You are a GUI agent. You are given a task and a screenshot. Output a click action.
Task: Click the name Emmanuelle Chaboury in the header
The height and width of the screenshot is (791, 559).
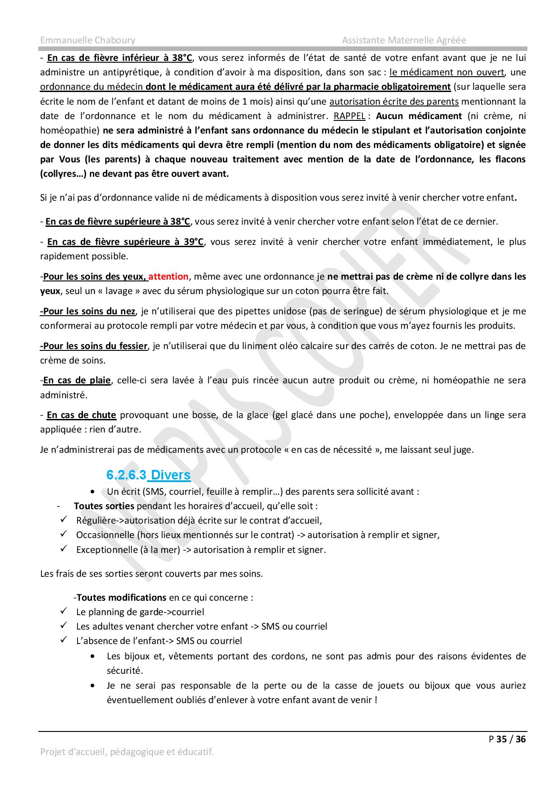coord(87,40)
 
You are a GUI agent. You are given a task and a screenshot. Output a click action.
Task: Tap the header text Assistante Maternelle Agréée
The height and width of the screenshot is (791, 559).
coord(403,40)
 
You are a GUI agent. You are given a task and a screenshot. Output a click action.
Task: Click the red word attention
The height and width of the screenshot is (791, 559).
coord(168,276)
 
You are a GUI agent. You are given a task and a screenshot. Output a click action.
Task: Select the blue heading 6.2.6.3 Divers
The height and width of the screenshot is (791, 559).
coord(148,475)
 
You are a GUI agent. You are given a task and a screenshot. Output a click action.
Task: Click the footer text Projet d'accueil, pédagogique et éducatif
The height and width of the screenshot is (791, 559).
coord(127,752)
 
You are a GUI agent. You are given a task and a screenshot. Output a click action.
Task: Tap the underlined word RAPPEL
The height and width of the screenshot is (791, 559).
coord(349,116)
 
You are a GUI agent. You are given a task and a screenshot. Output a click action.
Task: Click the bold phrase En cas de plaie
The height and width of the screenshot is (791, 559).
coord(77,380)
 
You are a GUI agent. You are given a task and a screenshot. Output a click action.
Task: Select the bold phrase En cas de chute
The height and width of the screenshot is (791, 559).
coord(82,415)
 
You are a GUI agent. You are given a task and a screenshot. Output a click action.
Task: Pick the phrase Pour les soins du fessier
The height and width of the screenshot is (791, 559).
coord(94,346)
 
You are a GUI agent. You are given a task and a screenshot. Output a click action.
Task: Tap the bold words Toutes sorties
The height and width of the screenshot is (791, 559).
coord(104,506)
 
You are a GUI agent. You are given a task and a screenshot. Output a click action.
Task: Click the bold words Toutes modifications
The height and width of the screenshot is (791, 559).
coord(122,598)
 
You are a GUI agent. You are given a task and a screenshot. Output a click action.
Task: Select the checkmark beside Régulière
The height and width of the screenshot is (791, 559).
coord(64,520)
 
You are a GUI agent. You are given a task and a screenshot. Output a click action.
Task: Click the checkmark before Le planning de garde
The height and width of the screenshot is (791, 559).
coord(64,612)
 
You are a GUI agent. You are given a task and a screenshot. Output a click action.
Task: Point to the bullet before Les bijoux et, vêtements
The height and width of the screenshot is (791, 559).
coord(93,657)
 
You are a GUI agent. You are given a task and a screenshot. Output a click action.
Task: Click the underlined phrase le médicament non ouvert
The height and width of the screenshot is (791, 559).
coord(447,72)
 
